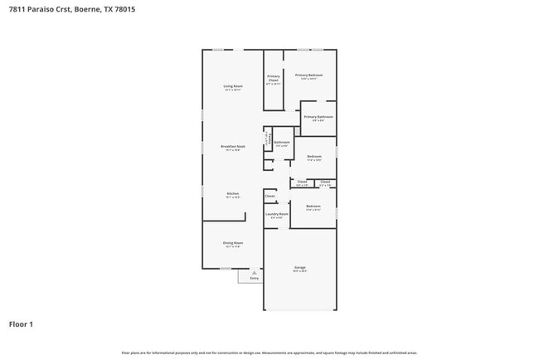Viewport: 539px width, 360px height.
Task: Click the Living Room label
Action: coord(233,86)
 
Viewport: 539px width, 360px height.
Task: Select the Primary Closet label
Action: coord(274,78)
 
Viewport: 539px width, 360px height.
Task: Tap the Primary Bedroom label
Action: coord(308,75)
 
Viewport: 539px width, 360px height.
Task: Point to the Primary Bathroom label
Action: coord(318,117)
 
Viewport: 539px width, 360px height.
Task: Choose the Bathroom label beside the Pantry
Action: coord(282,142)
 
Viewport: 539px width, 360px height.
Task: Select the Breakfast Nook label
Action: coord(233,146)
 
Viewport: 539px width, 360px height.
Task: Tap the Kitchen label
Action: coord(233,193)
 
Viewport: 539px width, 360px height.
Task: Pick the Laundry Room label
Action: coord(277,214)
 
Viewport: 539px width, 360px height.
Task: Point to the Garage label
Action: coord(300,267)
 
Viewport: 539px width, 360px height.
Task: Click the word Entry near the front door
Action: coord(255,278)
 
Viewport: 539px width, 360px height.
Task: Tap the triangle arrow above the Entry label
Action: coord(255,271)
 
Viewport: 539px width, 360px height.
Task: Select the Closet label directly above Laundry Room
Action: coord(269,196)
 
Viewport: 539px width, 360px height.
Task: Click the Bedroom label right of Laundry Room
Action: coord(313,206)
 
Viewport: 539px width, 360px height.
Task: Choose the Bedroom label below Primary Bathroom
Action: coord(314,156)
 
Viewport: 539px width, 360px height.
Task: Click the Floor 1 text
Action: coord(21,324)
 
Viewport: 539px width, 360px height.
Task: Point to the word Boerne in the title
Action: coord(85,9)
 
